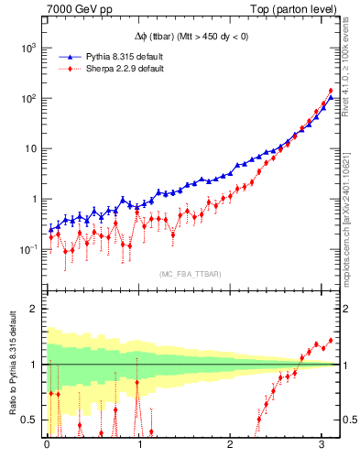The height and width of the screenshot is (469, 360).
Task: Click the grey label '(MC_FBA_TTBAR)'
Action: (x=190, y=274)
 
